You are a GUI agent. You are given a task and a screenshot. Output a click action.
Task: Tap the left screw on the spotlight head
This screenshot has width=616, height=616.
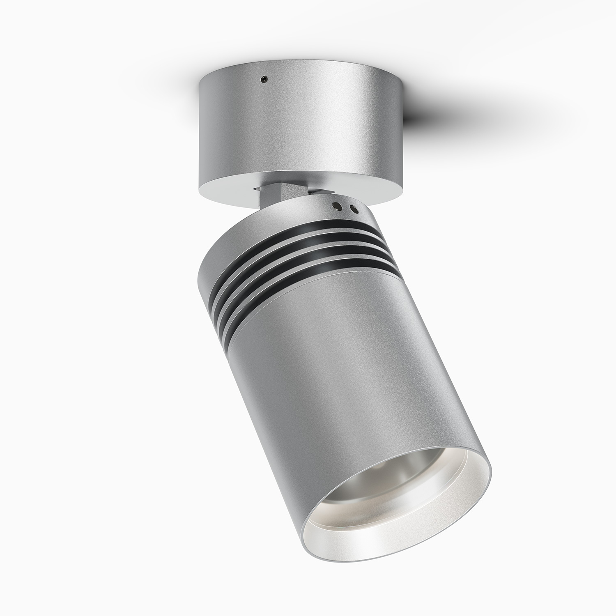[x=337, y=205]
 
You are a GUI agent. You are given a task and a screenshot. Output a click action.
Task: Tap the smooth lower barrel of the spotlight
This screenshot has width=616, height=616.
[x=329, y=370]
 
